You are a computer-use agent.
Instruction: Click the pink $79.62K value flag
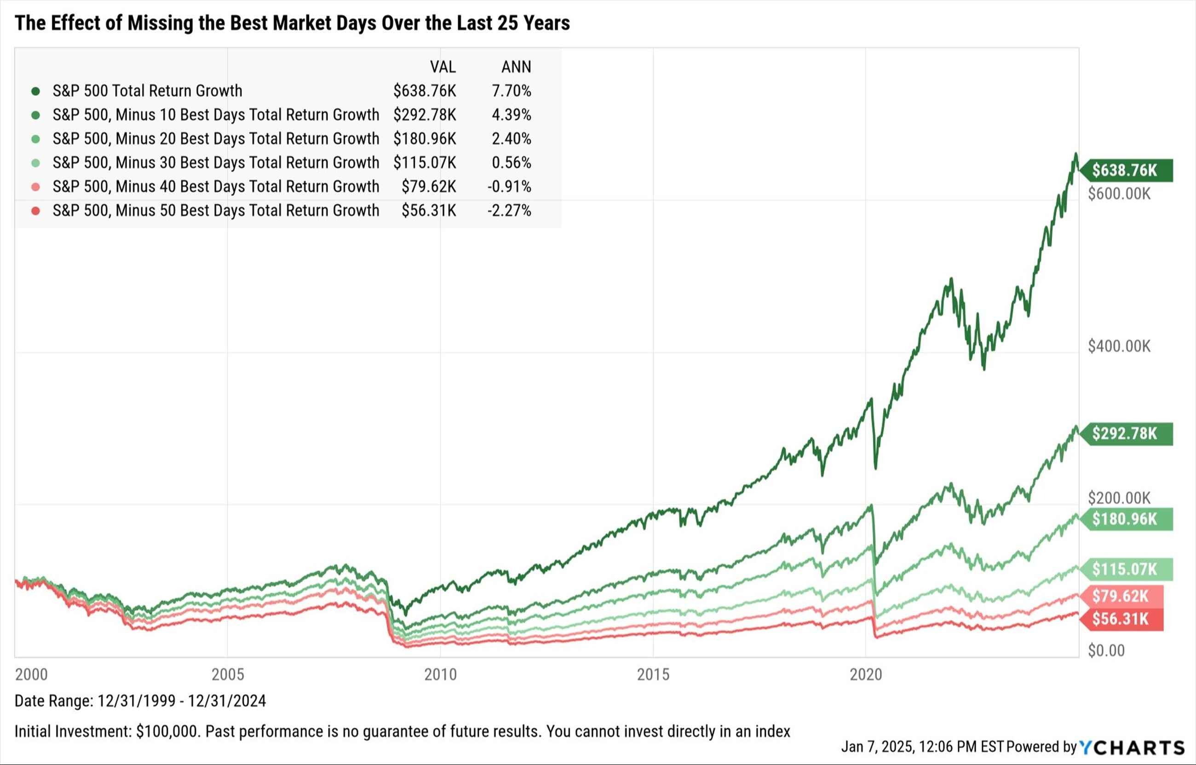coord(1121,596)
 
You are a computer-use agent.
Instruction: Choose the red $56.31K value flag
coord(1121,619)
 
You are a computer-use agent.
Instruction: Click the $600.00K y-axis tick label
coord(1119,194)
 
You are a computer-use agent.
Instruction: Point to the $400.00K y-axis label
coord(1119,346)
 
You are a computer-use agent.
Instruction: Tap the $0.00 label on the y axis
coord(1106,651)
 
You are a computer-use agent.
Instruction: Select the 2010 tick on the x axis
coord(440,674)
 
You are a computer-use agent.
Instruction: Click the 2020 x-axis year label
coord(866,674)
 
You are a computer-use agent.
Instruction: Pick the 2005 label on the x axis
coord(228,674)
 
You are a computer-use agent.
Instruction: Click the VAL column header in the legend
coord(443,67)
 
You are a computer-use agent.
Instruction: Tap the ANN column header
coord(516,67)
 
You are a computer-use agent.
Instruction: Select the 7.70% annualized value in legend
coord(512,91)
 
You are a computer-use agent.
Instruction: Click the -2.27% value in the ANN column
coord(509,211)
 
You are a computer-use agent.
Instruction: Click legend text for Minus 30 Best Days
coord(216,163)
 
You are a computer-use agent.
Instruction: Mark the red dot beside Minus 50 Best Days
coord(35,211)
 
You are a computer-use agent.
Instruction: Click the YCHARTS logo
coord(1132,748)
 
